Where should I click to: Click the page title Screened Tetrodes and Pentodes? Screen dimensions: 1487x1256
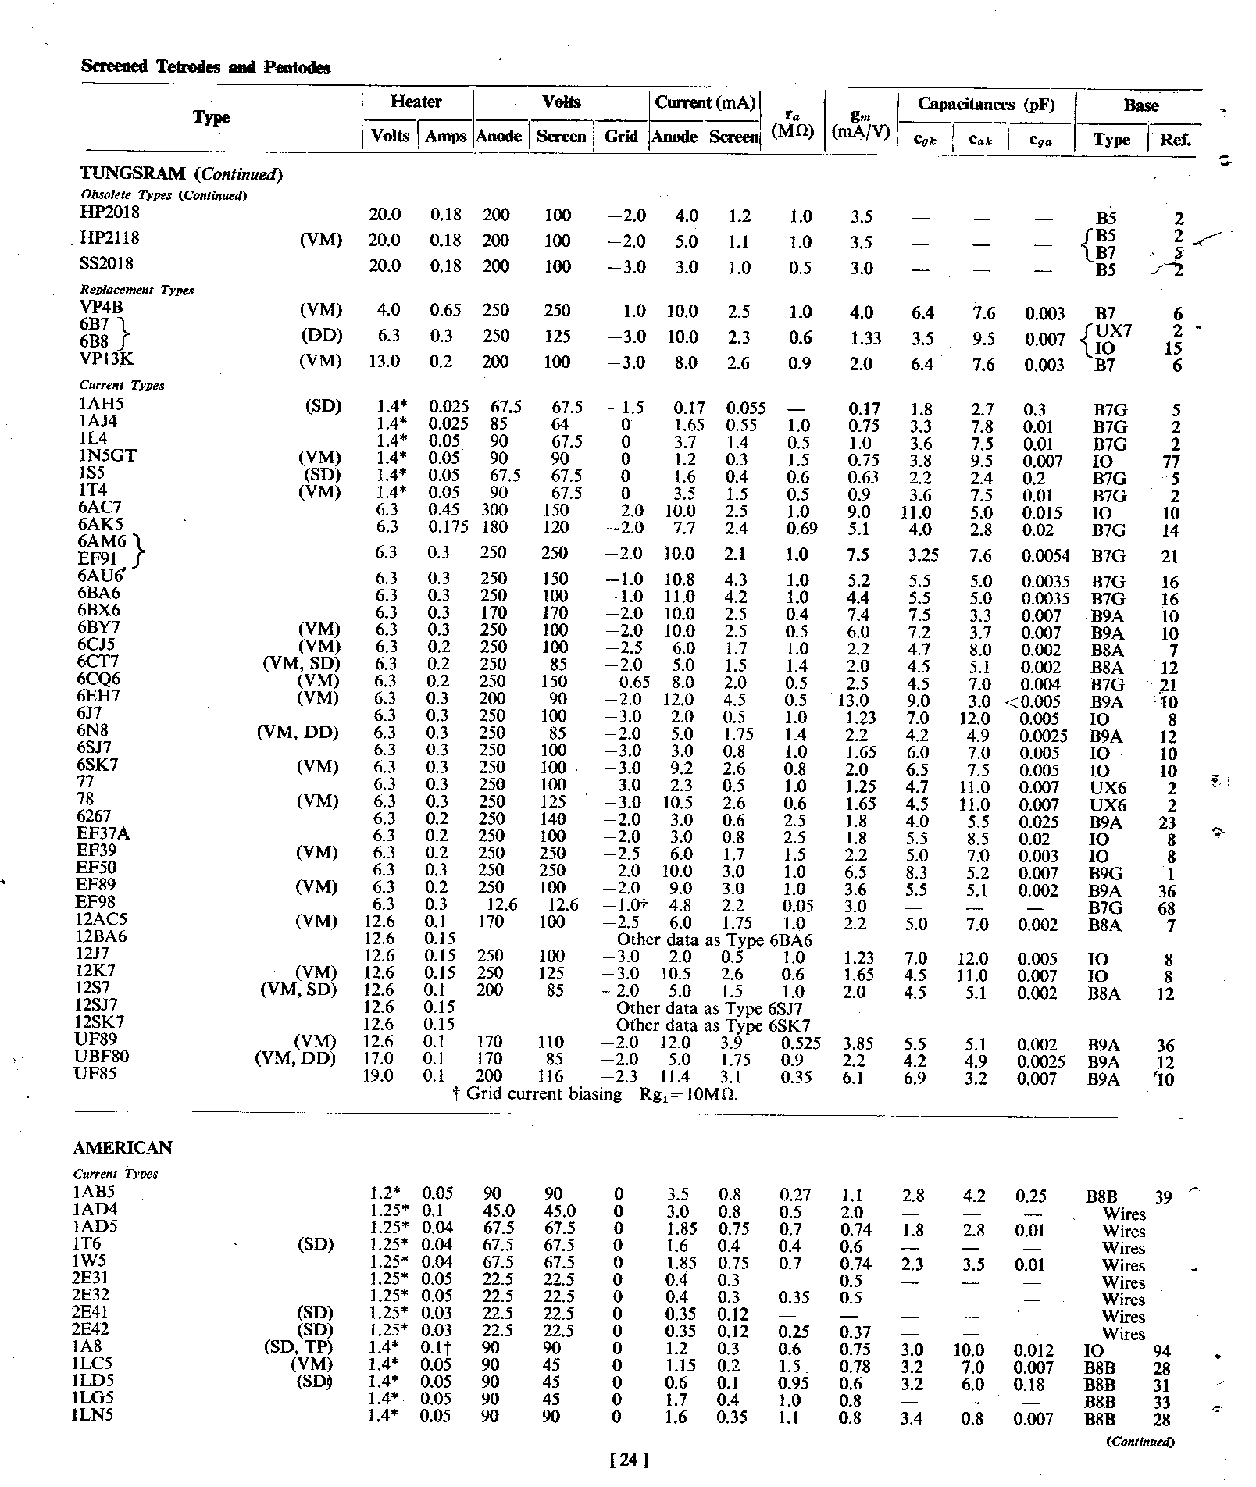coord(205,67)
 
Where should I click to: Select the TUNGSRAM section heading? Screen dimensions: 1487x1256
coord(181,173)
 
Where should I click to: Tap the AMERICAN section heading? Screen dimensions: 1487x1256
coord(123,1147)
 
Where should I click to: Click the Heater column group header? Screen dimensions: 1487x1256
coord(416,102)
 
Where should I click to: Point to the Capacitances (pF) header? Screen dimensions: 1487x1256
coord(986,105)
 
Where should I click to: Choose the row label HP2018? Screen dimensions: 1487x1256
coord(109,212)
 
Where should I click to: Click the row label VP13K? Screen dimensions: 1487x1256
coord(107,360)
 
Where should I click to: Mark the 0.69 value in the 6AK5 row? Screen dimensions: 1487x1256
coord(800,529)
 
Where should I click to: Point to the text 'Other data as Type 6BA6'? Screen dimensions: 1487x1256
coord(714,940)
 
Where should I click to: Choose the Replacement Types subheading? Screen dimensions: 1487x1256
coord(137,290)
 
